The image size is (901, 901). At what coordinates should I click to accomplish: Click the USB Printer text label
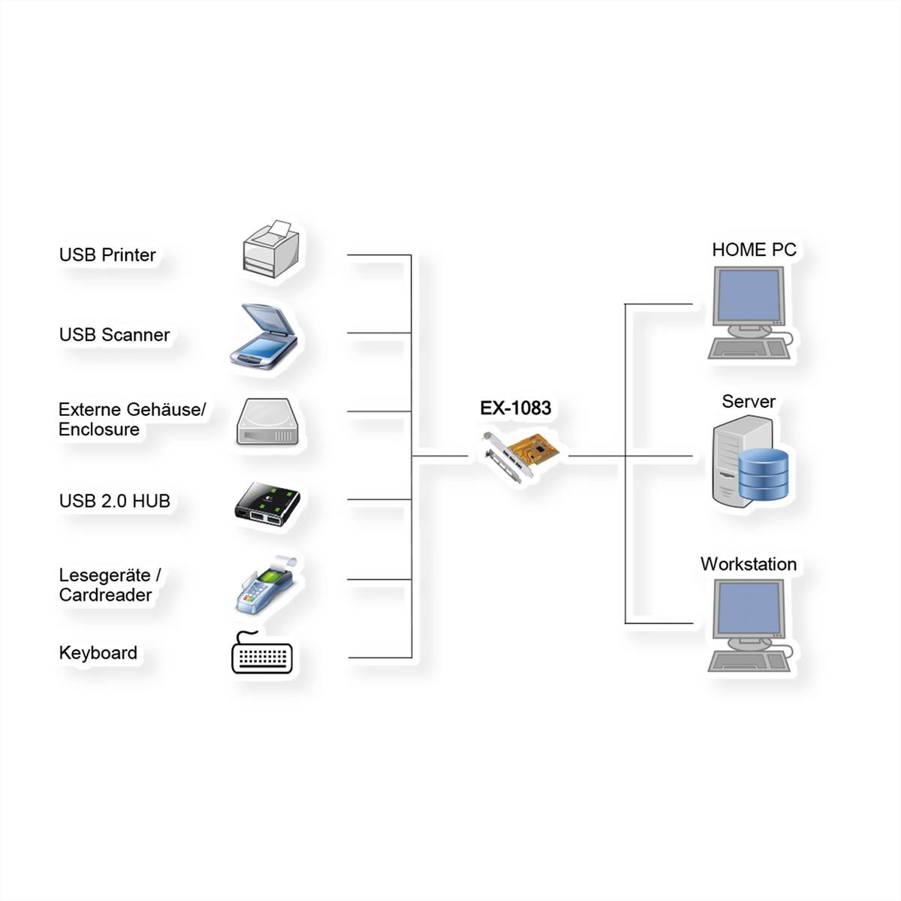(x=107, y=255)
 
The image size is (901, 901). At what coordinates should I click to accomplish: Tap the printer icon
(x=271, y=250)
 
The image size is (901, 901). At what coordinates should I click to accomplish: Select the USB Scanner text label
(x=114, y=335)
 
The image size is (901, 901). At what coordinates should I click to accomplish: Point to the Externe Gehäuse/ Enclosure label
(x=131, y=420)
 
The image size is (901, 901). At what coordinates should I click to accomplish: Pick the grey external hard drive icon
(x=271, y=422)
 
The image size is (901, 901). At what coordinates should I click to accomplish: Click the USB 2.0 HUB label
(x=114, y=501)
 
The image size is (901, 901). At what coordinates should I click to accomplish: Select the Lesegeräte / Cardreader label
(x=110, y=585)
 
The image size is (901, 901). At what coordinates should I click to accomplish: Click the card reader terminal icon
(x=266, y=585)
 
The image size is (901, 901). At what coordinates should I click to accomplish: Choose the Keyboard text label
(x=98, y=653)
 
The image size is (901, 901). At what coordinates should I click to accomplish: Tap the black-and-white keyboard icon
(x=261, y=655)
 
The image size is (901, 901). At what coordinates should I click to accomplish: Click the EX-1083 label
(x=516, y=408)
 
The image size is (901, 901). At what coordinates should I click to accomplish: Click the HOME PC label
(x=754, y=250)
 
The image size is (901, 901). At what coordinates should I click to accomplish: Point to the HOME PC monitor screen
(x=748, y=295)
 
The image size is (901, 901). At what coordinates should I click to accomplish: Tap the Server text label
(x=748, y=402)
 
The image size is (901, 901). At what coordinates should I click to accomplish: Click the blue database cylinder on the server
(x=764, y=475)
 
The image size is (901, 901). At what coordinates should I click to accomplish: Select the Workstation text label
(x=748, y=565)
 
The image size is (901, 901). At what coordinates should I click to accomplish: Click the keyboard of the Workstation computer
(x=744, y=661)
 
